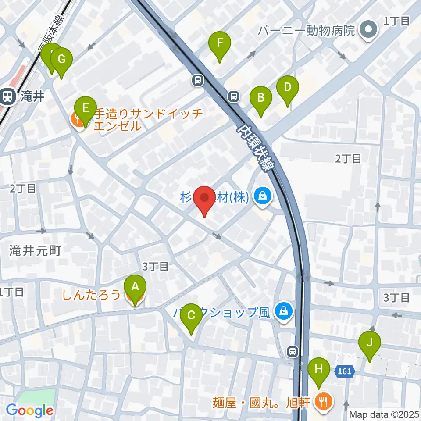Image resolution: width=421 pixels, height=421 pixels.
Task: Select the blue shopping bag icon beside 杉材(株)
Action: click(264, 196)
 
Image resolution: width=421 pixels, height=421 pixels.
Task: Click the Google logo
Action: click(29, 410)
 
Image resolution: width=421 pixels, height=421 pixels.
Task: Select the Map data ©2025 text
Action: click(384, 414)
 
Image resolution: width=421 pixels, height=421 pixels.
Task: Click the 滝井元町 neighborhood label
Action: click(35, 251)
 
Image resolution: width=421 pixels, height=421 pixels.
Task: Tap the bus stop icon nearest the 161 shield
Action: click(292, 351)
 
